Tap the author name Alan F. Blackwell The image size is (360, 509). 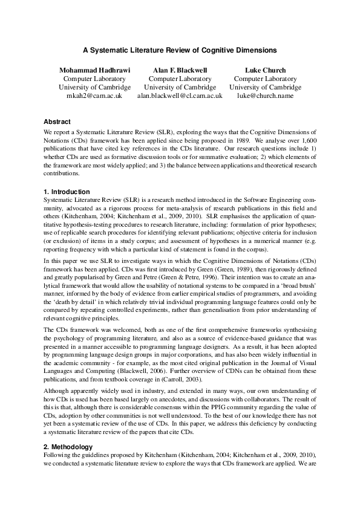tap(180, 70)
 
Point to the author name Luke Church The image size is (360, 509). tap(265, 70)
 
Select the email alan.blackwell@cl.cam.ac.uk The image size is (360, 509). tap(180, 96)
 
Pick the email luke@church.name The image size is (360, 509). tap(265, 96)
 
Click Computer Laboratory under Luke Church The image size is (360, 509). tap(265, 79)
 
